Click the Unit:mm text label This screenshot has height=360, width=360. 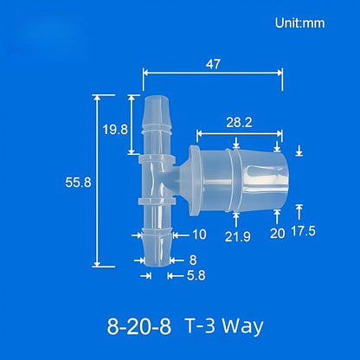click(x=299, y=23)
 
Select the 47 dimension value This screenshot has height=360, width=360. click(x=213, y=63)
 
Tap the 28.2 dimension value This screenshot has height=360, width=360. click(x=239, y=123)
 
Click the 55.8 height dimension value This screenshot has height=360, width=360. click(x=74, y=183)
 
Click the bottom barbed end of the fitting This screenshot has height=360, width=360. click(x=157, y=255)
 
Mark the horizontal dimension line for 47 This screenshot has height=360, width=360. click(x=212, y=74)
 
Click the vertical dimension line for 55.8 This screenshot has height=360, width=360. click(x=97, y=183)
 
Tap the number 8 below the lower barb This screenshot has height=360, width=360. click(x=192, y=259)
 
